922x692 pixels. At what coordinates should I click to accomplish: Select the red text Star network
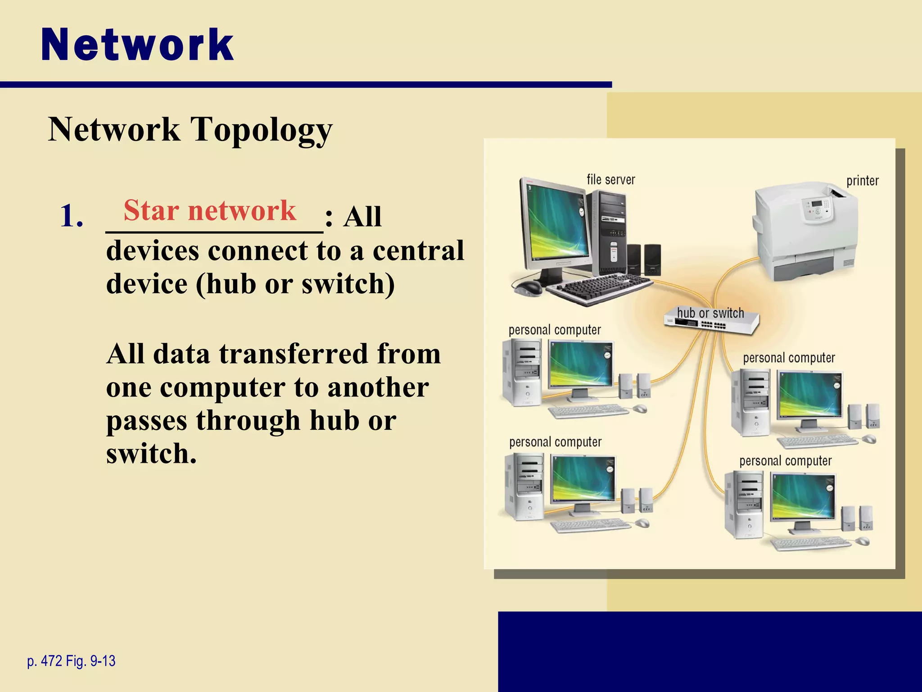[210, 210]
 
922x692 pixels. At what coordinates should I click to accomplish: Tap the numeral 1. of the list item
[72, 216]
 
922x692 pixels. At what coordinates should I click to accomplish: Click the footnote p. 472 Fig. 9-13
[71, 661]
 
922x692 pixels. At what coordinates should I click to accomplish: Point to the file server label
[610, 180]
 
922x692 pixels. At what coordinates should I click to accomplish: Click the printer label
[862, 181]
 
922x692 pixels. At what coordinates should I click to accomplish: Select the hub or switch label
[710, 313]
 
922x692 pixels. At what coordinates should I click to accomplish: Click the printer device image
[806, 230]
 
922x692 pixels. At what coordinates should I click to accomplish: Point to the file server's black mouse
[528, 287]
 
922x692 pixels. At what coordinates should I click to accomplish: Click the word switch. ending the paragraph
[151, 453]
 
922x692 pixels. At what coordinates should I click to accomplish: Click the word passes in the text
[147, 420]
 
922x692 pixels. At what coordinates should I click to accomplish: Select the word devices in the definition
[153, 250]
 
